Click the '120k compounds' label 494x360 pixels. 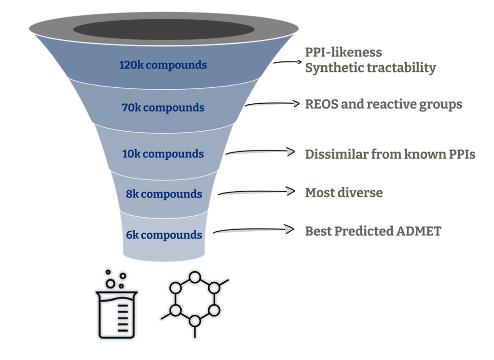tap(163, 65)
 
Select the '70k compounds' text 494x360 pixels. tap(163, 108)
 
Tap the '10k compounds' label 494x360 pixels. tap(163, 154)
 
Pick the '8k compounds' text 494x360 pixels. tap(164, 194)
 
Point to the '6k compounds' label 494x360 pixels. tap(164, 235)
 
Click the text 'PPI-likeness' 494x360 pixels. tap(343, 52)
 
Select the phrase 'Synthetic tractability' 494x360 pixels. tap(370, 68)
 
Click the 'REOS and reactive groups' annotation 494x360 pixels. tap(384, 104)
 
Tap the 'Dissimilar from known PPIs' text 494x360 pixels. tap(390, 154)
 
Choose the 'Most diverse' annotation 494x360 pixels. tap(343, 193)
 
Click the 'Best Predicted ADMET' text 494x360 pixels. tap(373, 231)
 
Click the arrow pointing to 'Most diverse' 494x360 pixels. tap(256, 192)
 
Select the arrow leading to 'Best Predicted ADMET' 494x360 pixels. tap(253, 231)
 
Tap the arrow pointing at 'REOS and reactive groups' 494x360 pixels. tap(272, 103)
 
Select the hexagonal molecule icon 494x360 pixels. tap(194, 299)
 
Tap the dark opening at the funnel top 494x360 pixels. tap(164, 29)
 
